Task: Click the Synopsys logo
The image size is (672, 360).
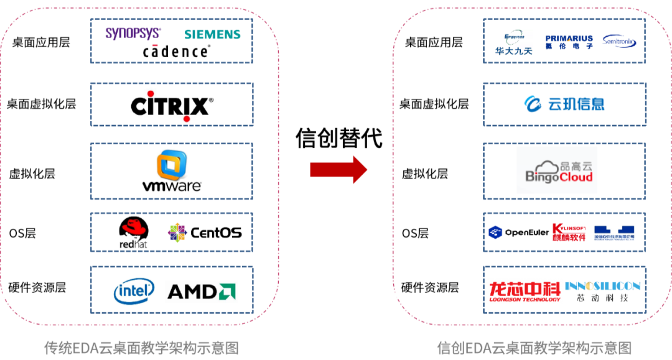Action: tap(133, 33)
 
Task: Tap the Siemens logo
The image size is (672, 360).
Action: tap(212, 34)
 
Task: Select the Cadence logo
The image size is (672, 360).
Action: tap(175, 52)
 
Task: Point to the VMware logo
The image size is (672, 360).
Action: tap(172, 171)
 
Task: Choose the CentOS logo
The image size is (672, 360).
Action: tap(205, 233)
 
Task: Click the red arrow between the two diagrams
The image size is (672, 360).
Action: tap(338, 169)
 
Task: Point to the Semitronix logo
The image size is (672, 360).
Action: tap(619, 42)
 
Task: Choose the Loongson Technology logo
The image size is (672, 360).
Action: tap(525, 292)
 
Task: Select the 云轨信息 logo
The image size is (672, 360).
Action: tap(564, 104)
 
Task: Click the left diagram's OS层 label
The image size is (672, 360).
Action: tap(22, 233)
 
